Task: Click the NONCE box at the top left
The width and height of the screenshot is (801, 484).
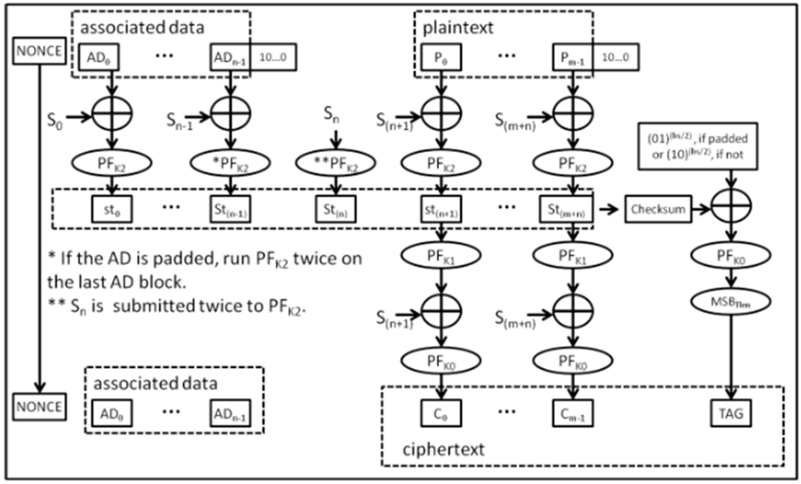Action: [39, 51]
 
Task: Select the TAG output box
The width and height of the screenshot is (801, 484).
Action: [731, 413]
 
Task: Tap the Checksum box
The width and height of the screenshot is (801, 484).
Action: [658, 209]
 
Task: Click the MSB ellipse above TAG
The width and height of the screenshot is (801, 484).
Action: [730, 302]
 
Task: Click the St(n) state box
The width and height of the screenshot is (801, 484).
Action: [336, 209]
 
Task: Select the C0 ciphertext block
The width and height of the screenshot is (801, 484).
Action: [441, 413]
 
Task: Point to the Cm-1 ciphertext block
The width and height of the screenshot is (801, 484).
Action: [572, 413]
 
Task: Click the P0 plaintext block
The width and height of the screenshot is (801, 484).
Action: [441, 57]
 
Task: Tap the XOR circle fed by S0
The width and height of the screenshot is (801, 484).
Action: [112, 114]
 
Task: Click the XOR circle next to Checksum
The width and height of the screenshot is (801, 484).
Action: [731, 206]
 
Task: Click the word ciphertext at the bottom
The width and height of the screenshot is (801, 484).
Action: [443, 450]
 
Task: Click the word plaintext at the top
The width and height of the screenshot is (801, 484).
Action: [458, 28]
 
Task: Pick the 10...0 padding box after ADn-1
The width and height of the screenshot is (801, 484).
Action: [273, 57]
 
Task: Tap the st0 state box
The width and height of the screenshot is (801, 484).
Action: [112, 209]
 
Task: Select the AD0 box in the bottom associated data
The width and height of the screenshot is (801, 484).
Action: [112, 413]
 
